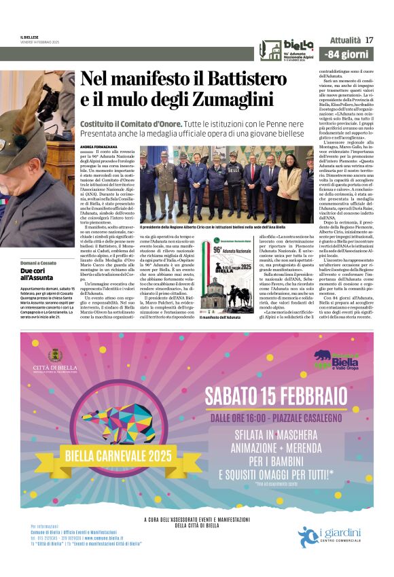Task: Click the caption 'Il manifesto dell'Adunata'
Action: coord(221,317)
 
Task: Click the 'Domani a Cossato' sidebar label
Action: coord(37,262)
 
